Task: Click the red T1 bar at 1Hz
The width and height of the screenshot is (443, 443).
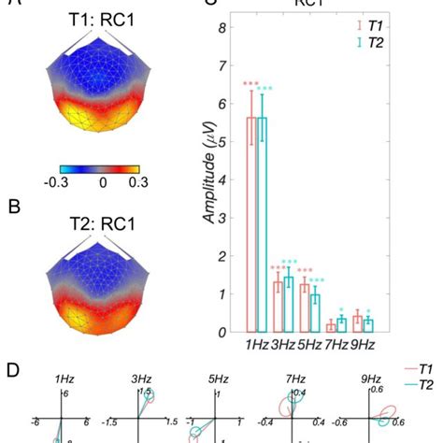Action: coord(250,224)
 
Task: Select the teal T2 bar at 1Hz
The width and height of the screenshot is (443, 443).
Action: coord(263,224)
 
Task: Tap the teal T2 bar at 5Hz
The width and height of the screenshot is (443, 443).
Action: coord(315,313)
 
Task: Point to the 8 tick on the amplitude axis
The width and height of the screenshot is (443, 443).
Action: coord(221,29)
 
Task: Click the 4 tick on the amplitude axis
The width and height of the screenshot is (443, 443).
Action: coord(221,180)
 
